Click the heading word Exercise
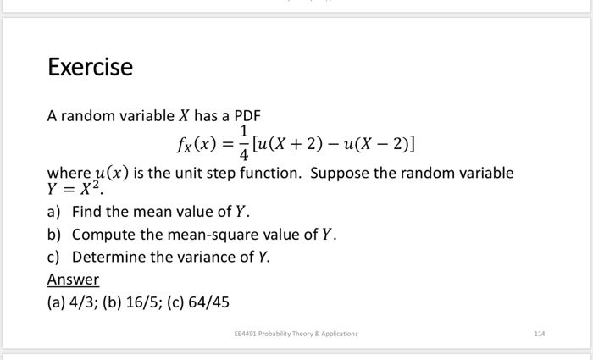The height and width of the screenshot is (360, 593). pos(90,67)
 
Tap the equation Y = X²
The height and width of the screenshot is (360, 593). pos(69,190)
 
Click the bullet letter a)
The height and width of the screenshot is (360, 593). pos(54,212)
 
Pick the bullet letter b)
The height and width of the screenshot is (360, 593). pos(54,235)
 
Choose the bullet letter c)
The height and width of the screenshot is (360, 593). pos(54,257)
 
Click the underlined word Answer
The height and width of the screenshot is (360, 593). pos(73,280)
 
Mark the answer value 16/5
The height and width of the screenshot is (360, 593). pos(137,302)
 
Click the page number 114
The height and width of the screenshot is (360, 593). pos(540,334)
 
